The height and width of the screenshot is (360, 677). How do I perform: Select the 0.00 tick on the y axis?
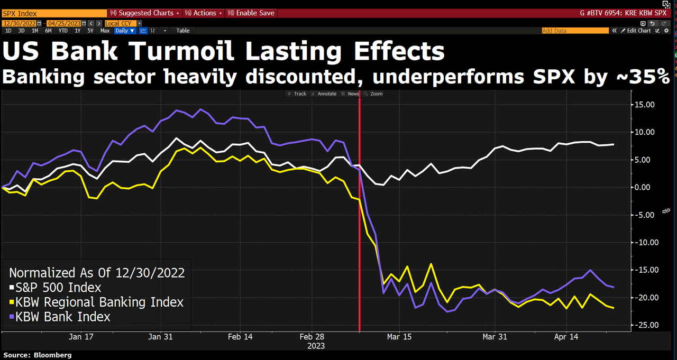(x=646, y=187)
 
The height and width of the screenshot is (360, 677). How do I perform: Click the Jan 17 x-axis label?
(x=81, y=336)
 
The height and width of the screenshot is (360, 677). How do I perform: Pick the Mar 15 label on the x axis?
(x=399, y=336)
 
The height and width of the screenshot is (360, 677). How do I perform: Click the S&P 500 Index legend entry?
(x=55, y=288)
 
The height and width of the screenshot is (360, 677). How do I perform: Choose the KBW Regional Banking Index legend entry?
(x=96, y=302)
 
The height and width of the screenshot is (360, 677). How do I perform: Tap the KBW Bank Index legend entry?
(x=60, y=317)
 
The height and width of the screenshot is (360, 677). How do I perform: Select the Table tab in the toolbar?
(x=183, y=31)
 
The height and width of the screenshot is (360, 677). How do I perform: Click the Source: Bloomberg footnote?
(x=38, y=355)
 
